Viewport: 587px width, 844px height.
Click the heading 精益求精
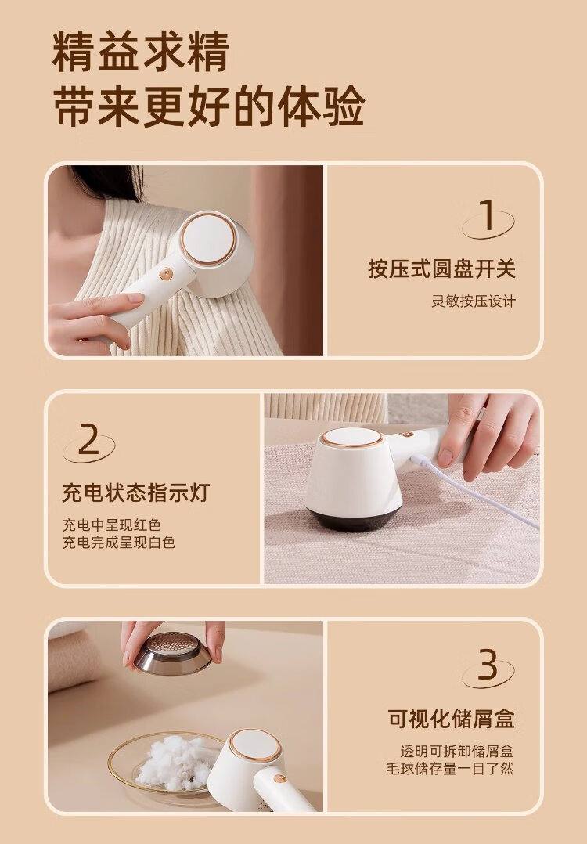(141, 52)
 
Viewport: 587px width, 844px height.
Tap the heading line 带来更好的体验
(209, 106)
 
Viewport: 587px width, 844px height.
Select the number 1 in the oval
(487, 215)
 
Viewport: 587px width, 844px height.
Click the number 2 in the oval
(88, 439)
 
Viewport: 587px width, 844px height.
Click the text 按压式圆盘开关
(441, 269)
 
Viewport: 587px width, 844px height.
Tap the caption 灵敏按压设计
(474, 301)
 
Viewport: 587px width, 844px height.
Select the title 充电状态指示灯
(135, 492)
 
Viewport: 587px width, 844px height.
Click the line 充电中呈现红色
(112, 525)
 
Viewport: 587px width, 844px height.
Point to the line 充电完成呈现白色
(119, 542)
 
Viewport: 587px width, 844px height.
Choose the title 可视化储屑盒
(451, 719)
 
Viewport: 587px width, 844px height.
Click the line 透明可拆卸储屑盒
(457, 751)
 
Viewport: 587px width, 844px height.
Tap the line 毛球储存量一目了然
(450, 768)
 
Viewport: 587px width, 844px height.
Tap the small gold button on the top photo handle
(165, 274)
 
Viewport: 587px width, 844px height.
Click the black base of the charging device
(352, 518)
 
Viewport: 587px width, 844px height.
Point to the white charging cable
(474, 491)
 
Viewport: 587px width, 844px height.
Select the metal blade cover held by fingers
(173, 653)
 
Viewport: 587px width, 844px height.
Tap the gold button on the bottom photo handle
(279, 778)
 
